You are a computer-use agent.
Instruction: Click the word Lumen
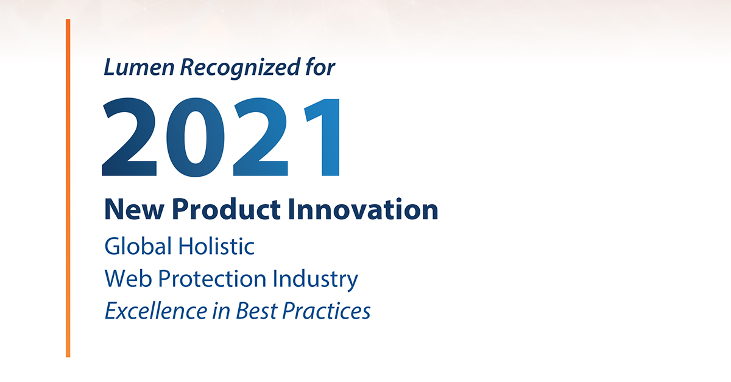tap(139, 67)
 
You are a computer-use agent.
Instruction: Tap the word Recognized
tap(240, 68)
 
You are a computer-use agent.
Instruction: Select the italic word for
tap(320, 67)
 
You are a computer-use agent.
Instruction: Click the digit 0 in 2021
tap(196, 137)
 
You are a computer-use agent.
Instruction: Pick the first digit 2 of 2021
tap(130, 137)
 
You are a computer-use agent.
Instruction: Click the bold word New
tap(134, 210)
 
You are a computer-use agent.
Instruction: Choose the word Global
tap(138, 246)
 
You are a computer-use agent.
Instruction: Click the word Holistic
tap(216, 246)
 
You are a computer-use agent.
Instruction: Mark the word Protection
tap(212, 278)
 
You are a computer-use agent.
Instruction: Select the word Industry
tap(316, 279)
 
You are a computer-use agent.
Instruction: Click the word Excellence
tap(156, 310)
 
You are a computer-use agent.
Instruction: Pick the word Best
tap(256, 311)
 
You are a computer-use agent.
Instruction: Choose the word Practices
tap(327, 311)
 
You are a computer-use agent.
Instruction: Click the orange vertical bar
tap(68, 188)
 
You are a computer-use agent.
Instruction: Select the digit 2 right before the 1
tap(261, 137)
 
